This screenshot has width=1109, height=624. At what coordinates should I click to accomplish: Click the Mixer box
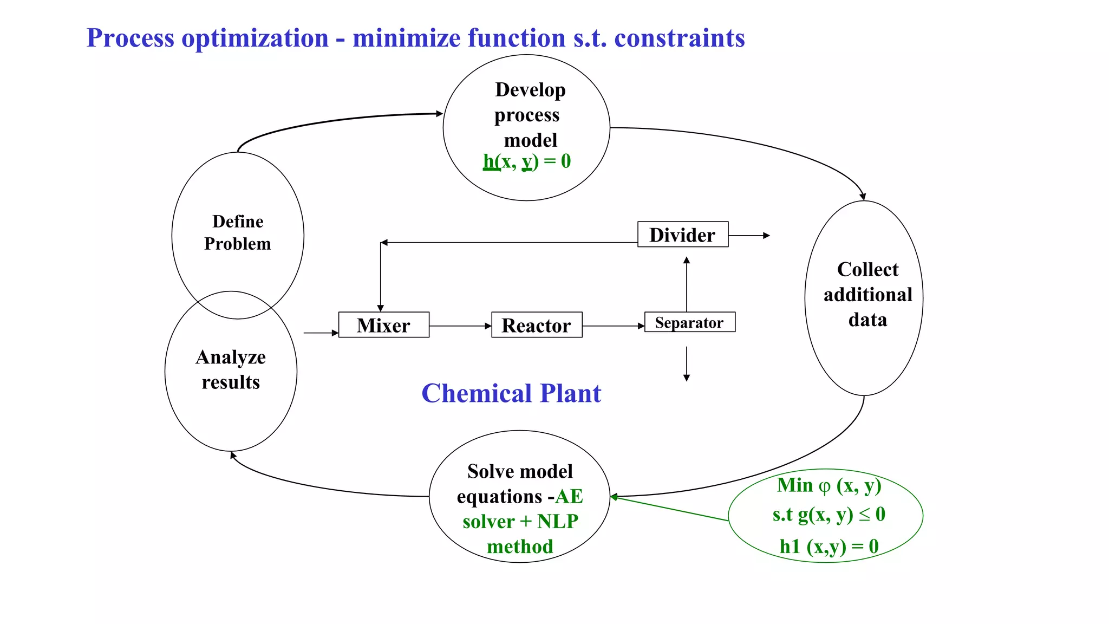click(x=383, y=325)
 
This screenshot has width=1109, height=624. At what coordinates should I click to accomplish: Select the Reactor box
click(x=536, y=325)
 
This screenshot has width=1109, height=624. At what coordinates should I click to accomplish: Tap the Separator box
click(x=689, y=322)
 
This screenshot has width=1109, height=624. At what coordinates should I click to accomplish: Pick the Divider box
click(x=682, y=235)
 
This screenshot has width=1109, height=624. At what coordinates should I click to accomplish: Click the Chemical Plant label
click(x=511, y=393)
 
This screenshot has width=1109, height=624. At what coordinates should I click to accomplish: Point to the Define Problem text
click(x=238, y=232)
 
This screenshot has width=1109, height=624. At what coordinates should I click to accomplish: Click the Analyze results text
click(x=231, y=369)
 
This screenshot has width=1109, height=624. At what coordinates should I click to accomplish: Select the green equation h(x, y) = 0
click(x=526, y=161)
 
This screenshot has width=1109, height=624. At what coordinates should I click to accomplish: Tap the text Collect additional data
click(x=867, y=294)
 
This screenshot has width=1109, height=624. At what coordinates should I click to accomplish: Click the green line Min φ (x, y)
click(x=829, y=485)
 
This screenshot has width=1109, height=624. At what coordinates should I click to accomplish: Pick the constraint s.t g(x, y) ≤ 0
click(x=829, y=514)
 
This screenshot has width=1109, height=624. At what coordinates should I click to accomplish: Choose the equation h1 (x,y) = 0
click(x=829, y=546)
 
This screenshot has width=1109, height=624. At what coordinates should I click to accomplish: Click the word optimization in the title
click(x=255, y=38)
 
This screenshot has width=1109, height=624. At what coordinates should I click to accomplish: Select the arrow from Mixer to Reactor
click(x=460, y=326)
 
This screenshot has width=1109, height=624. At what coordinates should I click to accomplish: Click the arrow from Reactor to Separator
click(x=613, y=326)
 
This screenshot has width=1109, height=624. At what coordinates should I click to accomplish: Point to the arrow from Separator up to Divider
click(x=687, y=284)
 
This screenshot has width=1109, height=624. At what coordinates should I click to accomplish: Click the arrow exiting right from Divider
click(x=749, y=236)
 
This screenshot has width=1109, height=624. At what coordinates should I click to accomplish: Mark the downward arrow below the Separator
click(x=687, y=364)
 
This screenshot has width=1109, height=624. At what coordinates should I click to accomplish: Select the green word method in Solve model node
click(x=520, y=547)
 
